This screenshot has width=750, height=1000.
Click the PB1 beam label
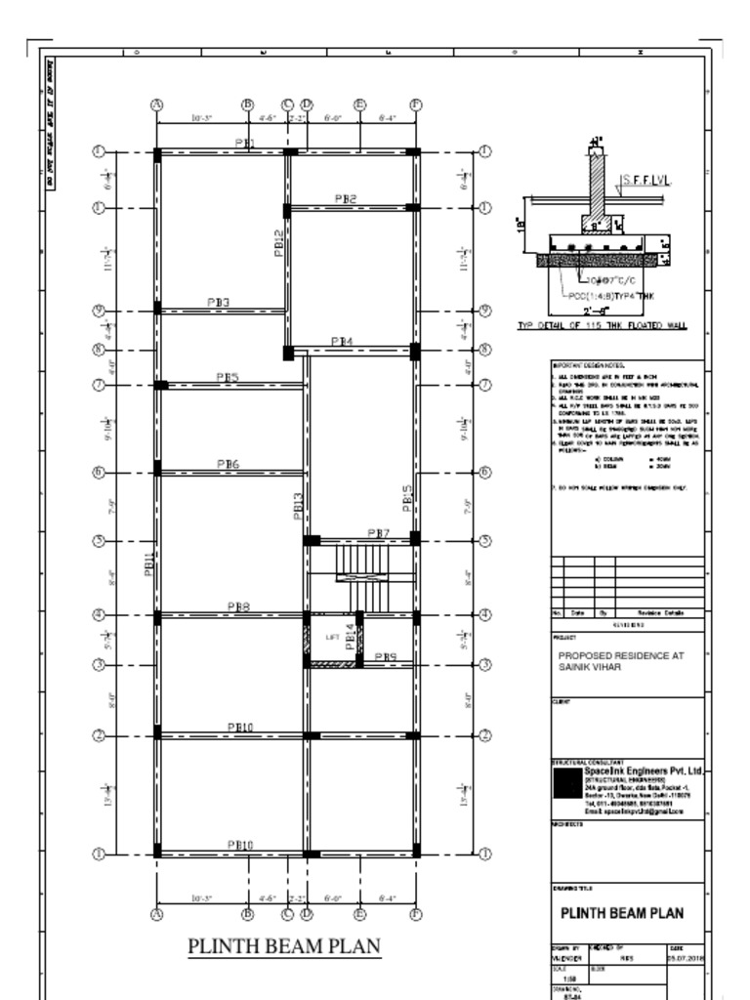pos(244,144)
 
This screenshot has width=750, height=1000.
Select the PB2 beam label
pos(346,198)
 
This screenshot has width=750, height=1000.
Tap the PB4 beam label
pos(342,341)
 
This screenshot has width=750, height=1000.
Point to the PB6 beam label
pos(228,464)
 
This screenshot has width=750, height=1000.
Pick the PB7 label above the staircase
pos(379,532)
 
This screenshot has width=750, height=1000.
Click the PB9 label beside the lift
pos(386,657)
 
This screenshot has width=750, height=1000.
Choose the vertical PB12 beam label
pos(279,242)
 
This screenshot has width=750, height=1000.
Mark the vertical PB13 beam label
pos(298,506)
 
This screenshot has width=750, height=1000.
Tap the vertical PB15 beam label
pos(407,500)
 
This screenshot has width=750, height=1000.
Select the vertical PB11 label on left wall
pos(149,564)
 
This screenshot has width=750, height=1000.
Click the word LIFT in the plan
pos(332,638)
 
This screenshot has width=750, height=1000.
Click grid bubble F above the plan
pos(415,104)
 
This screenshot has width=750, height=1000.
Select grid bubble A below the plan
pos(156,914)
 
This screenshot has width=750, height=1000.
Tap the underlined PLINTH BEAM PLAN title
pos(283,946)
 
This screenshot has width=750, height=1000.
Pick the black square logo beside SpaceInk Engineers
pos(565,784)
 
